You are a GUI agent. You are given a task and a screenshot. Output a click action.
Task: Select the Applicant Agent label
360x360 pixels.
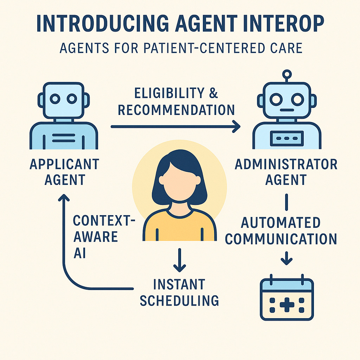[x=64, y=172]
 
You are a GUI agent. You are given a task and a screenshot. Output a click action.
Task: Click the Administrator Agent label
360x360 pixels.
[x=286, y=172]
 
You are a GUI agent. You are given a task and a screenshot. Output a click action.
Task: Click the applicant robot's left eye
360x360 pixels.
[x=55, y=99]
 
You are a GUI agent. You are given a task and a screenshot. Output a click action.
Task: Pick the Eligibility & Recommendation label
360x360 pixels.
[x=176, y=102]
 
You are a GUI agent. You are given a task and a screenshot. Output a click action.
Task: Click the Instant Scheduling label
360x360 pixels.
[x=179, y=292]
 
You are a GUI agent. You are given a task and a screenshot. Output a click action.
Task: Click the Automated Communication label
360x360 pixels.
[x=281, y=231]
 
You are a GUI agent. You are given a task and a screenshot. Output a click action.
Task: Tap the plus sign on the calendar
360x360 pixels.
[x=287, y=305]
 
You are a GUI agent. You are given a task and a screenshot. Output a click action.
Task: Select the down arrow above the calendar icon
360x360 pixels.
[x=287, y=259]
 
